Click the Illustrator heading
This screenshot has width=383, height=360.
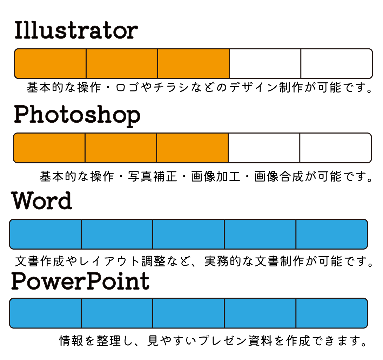tap(76, 30)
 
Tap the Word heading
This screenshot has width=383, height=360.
tap(42, 201)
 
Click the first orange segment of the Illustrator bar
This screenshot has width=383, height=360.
tap(50, 64)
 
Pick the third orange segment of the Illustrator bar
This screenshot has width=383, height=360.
tap(194, 64)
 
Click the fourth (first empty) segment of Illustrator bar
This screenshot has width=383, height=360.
tap(265, 64)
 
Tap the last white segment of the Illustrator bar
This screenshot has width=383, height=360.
tap(337, 64)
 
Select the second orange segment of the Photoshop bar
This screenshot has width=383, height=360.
tap(121, 148)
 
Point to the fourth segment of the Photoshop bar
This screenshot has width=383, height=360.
tap(264, 148)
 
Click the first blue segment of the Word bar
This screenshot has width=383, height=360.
tap(46, 234)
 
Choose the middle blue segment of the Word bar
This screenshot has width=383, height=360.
tap(189, 234)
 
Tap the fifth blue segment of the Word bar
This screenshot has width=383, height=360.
tap(332, 234)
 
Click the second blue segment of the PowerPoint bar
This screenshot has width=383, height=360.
tap(117, 313)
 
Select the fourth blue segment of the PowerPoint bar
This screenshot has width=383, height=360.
tap(260, 313)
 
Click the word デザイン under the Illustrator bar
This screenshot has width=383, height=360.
tap(254, 88)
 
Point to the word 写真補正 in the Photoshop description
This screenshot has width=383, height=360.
tap(153, 176)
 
